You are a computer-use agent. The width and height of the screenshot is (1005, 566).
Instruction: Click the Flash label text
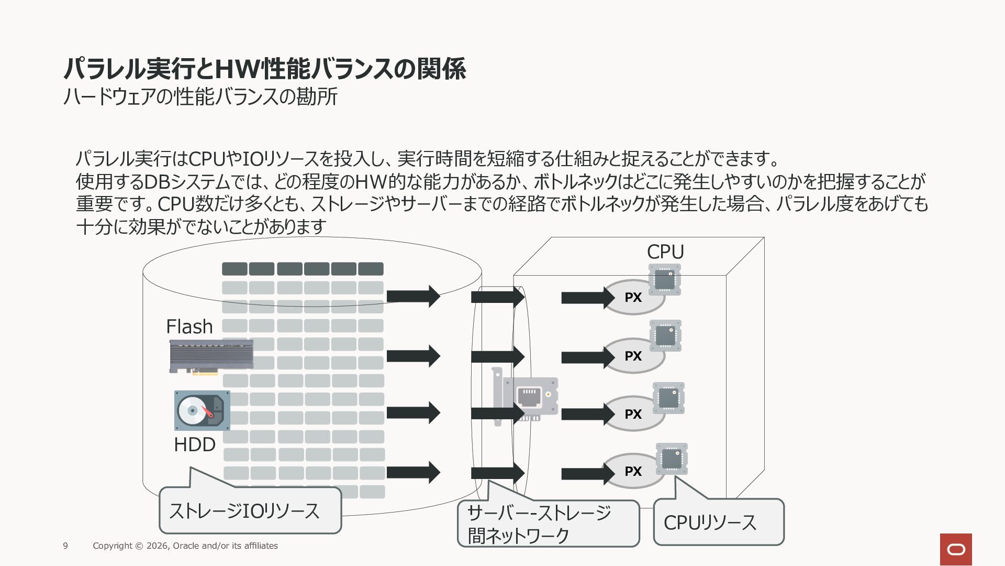(189, 326)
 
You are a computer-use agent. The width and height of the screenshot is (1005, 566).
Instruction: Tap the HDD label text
(195, 444)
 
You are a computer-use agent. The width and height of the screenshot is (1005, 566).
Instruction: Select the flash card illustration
(211, 356)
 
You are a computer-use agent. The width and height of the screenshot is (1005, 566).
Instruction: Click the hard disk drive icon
(202, 410)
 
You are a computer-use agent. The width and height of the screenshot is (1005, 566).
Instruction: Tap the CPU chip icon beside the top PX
(665, 279)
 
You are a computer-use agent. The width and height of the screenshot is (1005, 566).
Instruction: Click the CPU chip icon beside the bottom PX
(672, 459)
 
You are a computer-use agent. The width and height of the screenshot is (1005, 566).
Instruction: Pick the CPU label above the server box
(665, 252)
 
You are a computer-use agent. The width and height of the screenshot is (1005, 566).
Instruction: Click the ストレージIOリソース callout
(250, 510)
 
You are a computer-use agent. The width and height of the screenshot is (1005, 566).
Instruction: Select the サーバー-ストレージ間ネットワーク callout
(548, 523)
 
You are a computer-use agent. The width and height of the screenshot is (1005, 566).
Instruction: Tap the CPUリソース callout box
(719, 522)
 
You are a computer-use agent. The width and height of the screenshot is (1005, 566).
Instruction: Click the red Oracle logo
(956, 549)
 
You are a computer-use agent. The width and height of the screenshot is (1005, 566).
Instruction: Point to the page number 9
(65, 546)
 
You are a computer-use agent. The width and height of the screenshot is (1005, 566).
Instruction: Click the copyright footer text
(185, 546)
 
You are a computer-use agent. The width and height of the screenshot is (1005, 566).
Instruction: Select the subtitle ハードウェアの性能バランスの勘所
(200, 96)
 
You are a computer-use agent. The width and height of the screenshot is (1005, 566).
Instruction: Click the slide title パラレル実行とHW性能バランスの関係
(265, 69)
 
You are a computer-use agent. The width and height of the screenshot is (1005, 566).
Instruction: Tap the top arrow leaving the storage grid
(413, 297)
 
